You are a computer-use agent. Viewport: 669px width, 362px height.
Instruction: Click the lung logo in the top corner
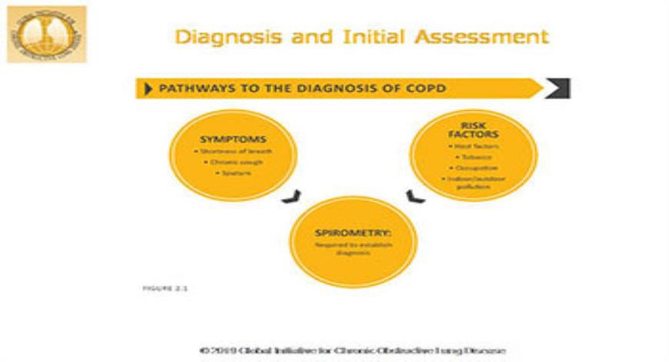click(x=46, y=35)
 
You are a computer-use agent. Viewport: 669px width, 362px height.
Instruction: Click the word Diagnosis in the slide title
click(x=219, y=37)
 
